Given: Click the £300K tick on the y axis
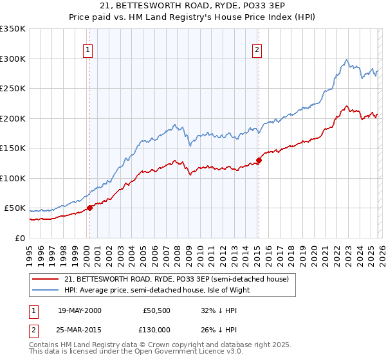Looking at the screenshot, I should [13, 59].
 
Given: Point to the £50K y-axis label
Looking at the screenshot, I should [15, 208].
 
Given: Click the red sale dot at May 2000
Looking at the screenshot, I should [90, 208].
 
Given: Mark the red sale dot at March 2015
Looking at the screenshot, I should [259, 160].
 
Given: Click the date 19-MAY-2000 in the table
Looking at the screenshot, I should [79, 310].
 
